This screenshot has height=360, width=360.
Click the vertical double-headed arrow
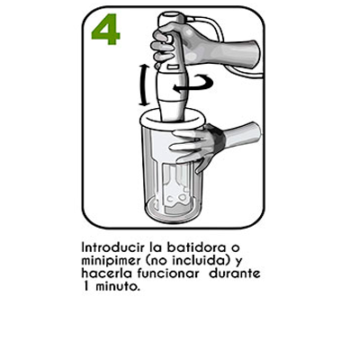pos(144,85)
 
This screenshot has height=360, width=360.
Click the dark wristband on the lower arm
pos(219,139)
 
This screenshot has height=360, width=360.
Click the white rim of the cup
pos(172,121)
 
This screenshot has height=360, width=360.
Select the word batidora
pos(196,247)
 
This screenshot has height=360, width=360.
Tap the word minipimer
pos(111,261)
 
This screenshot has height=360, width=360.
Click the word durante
pos(235,274)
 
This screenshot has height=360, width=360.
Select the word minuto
pos(118,286)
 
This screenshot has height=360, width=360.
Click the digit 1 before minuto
pos(86,286)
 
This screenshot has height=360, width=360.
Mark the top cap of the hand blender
pos(170,18)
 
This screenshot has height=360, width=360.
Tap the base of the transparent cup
pos(172,211)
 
